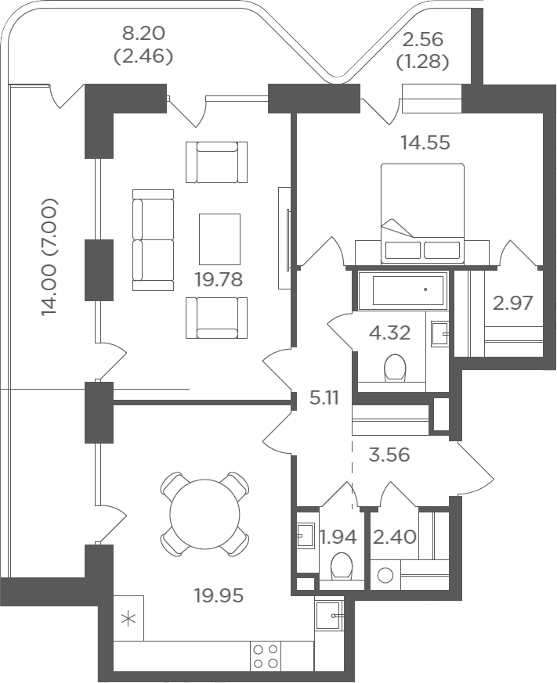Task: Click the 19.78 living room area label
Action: pyautogui.click(x=219, y=279)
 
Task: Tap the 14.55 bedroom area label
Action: pyautogui.click(x=425, y=142)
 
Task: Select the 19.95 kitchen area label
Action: pyautogui.click(x=219, y=595)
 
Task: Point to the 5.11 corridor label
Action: pyautogui.click(x=324, y=398)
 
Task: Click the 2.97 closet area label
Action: pyautogui.click(x=513, y=303)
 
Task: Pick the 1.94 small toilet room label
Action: pyautogui.click(x=338, y=537)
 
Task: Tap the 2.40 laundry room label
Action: pyautogui.click(x=395, y=537)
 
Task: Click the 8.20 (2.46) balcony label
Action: pyautogui.click(x=143, y=45)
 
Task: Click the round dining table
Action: pyautogui.click(x=204, y=514)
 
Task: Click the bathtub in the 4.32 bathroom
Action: pyautogui.click(x=402, y=290)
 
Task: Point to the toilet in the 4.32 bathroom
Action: pyautogui.click(x=396, y=368)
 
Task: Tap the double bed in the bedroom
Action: pyautogui.click(x=422, y=214)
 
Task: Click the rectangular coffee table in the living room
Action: pyautogui.click(x=219, y=239)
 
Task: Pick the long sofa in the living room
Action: pyautogui.click(x=153, y=240)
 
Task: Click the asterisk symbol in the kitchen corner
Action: pyautogui.click(x=128, y=619)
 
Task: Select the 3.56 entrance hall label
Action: pyautogui.click(x=389, y=455)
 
